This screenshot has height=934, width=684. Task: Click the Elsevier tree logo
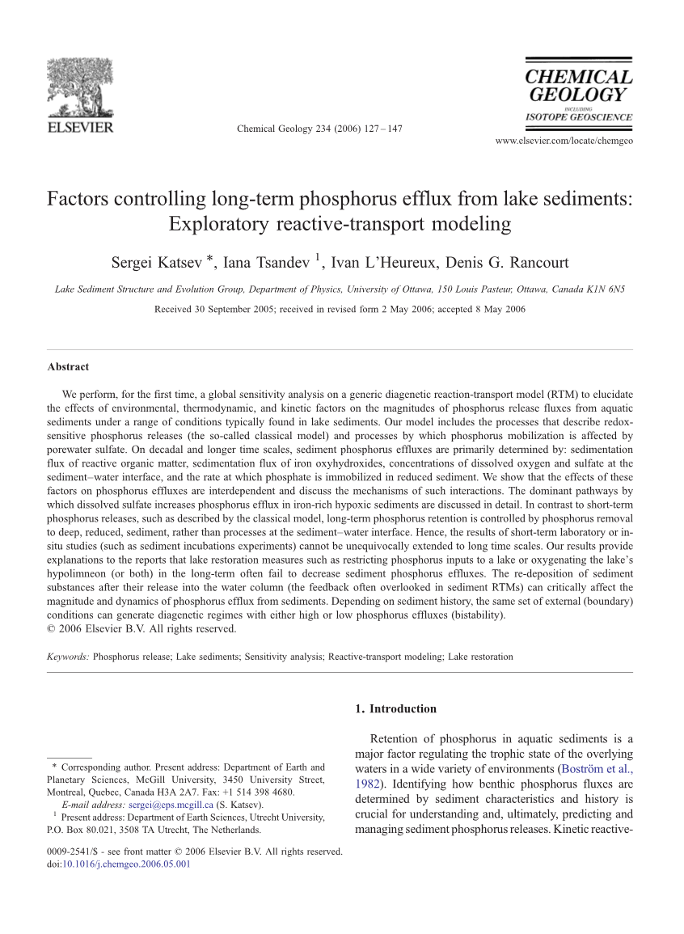(80, 88)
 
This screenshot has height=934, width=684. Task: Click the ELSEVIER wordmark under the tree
(80, 127)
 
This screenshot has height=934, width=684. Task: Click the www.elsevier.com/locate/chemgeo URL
(563, 141)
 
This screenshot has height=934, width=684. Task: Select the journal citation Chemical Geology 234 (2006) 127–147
(319, 129)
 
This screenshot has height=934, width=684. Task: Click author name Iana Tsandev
(265, 262)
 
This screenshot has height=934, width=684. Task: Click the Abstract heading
(68, 367)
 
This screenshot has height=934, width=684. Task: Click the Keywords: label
(69, 657)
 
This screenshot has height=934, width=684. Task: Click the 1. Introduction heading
(395, 709)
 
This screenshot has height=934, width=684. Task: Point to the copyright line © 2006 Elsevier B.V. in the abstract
(141, 628)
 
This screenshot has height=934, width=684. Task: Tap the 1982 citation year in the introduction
(366, 784)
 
